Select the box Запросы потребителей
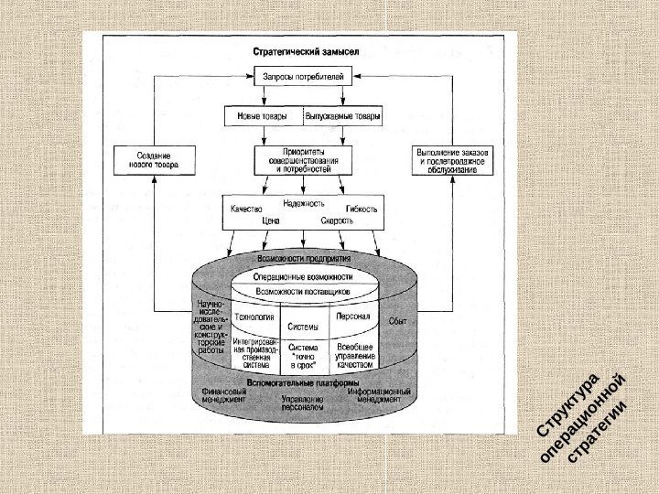click(303, 78)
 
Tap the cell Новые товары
click(264, 117)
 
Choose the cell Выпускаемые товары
click(341, 117)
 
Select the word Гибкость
click(362, 209)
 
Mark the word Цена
click(271, 221)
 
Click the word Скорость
click(336, 221)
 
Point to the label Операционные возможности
click(302, 277)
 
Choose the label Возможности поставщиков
click(302, 292)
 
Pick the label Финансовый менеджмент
click(221, 394)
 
